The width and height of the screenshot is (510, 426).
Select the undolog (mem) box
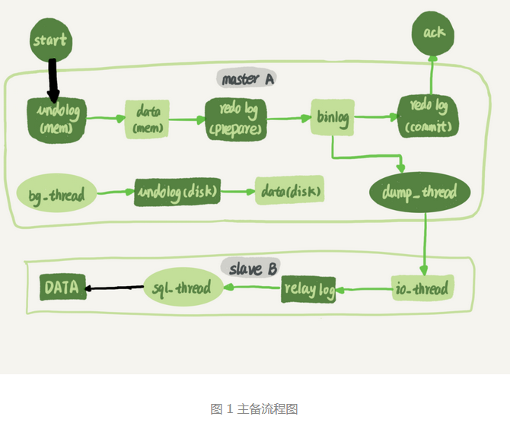coord(56,119)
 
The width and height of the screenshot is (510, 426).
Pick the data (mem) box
coord(146,119)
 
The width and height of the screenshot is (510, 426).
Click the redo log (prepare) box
coord(236,119)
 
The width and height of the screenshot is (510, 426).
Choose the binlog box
coord(332,119)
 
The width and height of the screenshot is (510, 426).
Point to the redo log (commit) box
coord(429,117)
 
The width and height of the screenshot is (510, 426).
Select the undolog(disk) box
coord(177,192)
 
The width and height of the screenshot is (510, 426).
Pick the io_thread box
coord(423,288)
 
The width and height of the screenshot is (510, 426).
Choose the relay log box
coord(309,289)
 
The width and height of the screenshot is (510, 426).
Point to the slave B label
coord(249,268)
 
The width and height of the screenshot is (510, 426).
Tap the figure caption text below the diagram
coord(254,409)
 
